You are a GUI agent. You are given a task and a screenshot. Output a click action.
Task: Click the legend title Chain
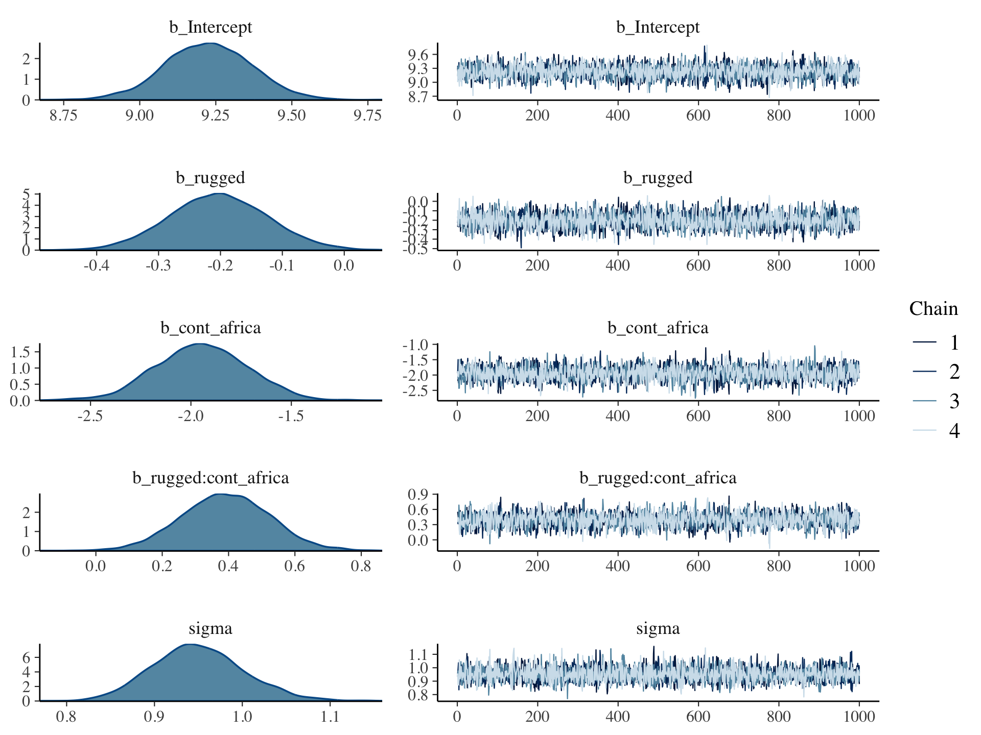pyautogui.click(x=933, y=309)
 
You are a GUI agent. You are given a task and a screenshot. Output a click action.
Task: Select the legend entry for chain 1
pyautogui.click(x=953, y=342)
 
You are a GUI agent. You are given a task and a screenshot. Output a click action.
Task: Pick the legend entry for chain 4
pyautogui.click(x=953, y=431)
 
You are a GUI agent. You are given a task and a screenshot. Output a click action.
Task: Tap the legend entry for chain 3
pyautogui.click(x=953, y=402)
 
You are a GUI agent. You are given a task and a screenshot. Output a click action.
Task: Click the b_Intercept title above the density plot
pyautogui.click(x=211, y=27)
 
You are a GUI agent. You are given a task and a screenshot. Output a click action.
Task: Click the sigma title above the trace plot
pyautogui.click(x=658, y=628)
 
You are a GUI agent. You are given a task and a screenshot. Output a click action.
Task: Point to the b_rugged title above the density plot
pyautogui.click(x=211, y=178)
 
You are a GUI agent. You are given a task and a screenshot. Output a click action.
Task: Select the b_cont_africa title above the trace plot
pyautogui.click(x=658, y=328)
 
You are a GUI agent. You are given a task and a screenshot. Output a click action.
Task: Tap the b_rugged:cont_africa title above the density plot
pyautogui.click(x=211, y=478)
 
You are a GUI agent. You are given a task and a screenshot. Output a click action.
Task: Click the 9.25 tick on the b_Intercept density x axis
pyautogui.click(x=215, y=115)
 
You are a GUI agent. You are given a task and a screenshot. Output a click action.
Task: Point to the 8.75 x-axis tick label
pyautogui.click(x=63, y=115)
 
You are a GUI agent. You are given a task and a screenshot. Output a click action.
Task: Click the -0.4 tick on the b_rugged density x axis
pyautogui.click(x=96, y=265)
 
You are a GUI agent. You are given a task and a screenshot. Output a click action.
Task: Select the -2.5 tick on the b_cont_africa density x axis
pyautogui.click(x=90, y=415)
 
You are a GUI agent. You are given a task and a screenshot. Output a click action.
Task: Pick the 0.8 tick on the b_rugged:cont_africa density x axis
pyautogui.click(x=361, y=566)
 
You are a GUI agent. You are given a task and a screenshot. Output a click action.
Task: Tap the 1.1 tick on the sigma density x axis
pyautogui.click(x=330, y=717)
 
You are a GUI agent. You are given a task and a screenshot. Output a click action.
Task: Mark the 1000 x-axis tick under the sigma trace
pyautogui.click(x=859, y=717)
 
